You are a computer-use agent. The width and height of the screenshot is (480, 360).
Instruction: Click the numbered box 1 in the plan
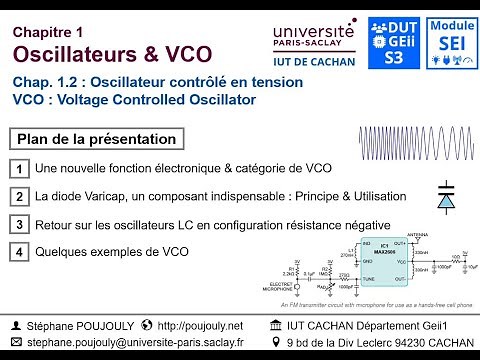point(20,170)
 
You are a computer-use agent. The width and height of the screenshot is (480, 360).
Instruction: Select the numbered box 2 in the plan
point(20,197)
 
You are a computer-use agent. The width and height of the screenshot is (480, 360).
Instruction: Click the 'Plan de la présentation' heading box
point(98,139)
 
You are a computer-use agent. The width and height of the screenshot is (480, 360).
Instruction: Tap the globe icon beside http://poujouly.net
point(148,325)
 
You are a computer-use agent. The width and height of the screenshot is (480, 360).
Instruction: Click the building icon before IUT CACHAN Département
point(276,325)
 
